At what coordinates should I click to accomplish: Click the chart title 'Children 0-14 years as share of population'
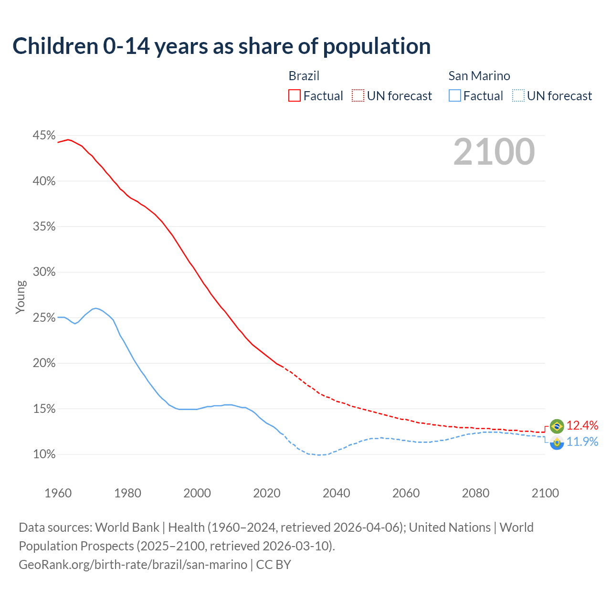pos(221,46)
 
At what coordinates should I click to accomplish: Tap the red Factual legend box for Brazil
pos(295,96)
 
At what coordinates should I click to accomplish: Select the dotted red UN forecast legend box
pos(358,96)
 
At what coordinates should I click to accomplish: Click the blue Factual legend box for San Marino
pos(455,96)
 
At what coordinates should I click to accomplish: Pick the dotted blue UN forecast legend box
pos(518,96)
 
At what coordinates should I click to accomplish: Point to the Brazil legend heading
pos(304,76)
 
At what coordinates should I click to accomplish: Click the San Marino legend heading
pos(479,76)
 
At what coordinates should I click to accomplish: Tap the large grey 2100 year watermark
pos(494,152)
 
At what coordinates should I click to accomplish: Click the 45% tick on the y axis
pos(44,136)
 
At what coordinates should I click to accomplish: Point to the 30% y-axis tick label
pos(44,272)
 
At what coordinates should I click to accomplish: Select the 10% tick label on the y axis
pos(44,454)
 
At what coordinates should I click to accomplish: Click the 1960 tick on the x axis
pos(58,493)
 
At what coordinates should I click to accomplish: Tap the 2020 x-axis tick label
pos(267,493)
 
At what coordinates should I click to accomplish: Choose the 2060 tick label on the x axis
pos(406,493)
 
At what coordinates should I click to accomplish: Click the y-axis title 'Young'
pos(21,297)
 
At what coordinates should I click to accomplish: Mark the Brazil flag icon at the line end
pos(557,426)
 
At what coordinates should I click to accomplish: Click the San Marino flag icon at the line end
pos(557,442)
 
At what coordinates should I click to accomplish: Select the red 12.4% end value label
pos(582,425)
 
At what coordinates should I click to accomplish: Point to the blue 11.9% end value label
pos(582,442)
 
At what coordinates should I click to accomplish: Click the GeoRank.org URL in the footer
pos(133,565)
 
